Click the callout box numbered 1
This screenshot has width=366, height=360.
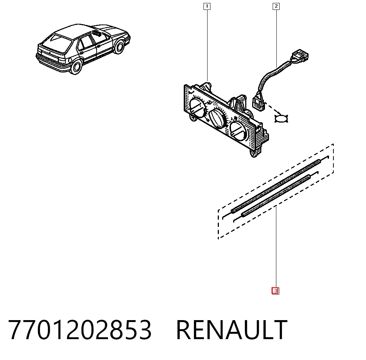click(x=207, y=6)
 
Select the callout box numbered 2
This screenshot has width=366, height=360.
click(x=276, y=6)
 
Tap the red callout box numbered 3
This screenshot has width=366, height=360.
click(x=276, y=291)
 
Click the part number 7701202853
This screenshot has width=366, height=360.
click(x=80, y=330)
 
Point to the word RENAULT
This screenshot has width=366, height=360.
click(x=232, y=330)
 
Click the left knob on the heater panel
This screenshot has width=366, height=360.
click(x=198, y=108)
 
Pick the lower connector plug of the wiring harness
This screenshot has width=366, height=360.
click(x=259, y=104)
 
